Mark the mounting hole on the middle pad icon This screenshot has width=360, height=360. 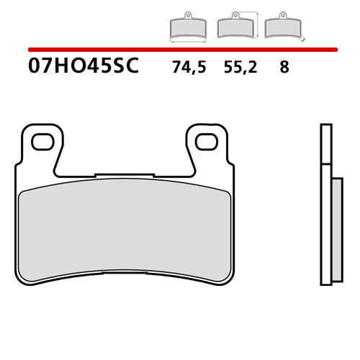(x=233, y=15)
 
